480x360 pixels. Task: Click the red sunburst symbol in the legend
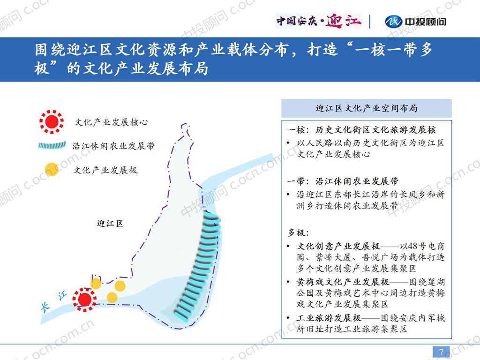coord(52,121)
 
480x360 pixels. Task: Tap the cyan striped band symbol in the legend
coord(52,145)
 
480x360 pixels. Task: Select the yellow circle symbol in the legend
coord(52,169)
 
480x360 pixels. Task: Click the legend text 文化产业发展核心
coord(112,122)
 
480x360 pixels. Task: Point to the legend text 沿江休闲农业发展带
coord(113,146)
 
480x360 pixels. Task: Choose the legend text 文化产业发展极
coord(105,170)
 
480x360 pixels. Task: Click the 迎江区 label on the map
coord(110,223)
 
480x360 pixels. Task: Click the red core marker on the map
coord(84,300)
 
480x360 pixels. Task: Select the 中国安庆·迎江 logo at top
coord(319,21)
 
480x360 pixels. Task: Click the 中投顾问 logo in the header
coord(415,22)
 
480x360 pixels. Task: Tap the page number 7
coord(441,352)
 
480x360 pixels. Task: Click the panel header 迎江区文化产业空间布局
coord(367,108)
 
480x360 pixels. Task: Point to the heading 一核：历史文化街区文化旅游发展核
coord(361,130)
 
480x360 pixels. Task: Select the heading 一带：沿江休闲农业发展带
coord(343,181)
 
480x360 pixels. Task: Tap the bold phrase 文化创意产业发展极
coord(338,246)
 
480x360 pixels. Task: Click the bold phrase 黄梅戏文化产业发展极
coord(343,282)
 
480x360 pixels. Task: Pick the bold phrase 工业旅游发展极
coord(329,318)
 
